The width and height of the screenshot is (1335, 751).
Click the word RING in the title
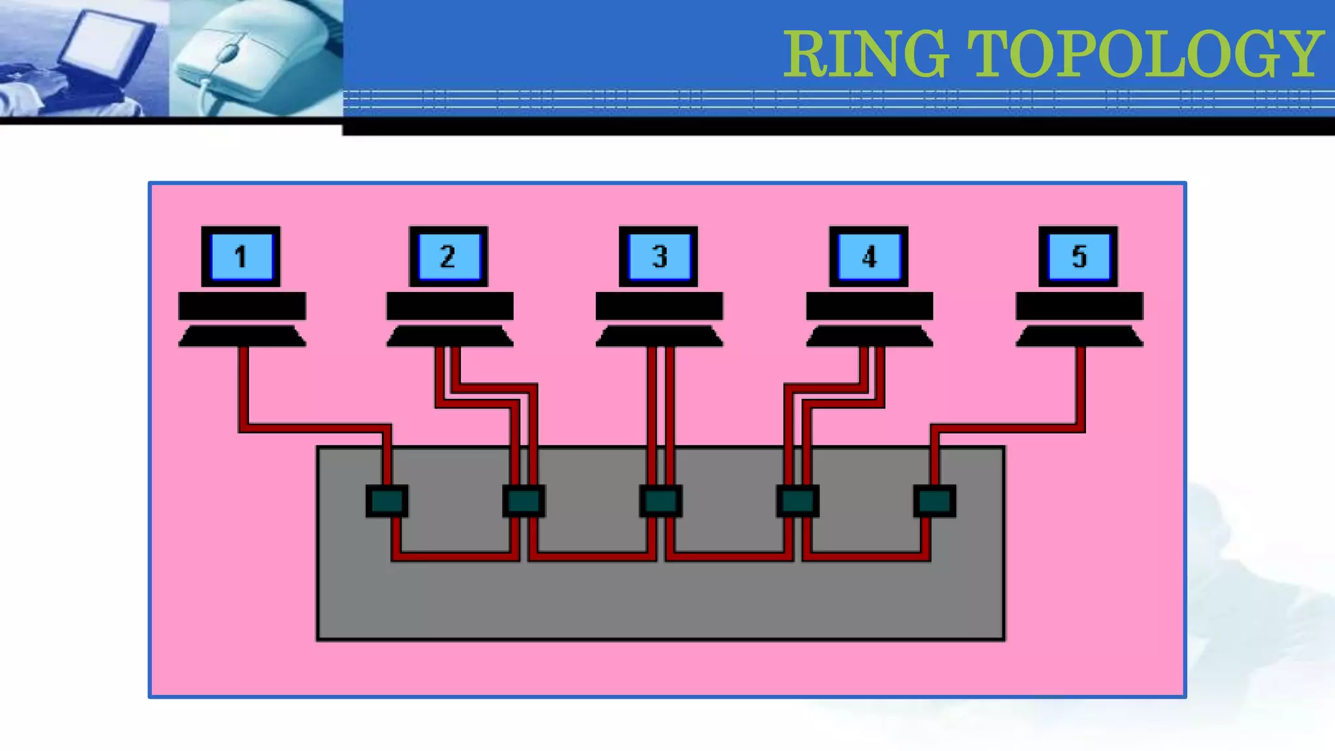point(865,53)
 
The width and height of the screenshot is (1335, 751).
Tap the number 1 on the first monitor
point(241,256)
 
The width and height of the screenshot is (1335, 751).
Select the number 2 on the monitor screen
point(448,256)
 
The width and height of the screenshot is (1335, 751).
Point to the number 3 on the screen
point(659,256)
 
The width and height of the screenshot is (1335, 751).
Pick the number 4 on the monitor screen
point(869,257)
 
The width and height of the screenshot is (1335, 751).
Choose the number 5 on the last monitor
point(1079,256)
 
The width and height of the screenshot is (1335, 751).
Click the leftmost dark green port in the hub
point(387,501)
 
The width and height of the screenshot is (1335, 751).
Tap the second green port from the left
point(524,501)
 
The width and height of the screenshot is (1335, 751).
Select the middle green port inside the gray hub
point(661,501)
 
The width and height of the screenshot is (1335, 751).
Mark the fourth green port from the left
point(798,501)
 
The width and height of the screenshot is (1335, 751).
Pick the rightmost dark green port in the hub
point(935,501)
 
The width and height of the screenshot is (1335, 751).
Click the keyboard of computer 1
point(242,336)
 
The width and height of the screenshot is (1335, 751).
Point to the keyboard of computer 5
point(1079,336)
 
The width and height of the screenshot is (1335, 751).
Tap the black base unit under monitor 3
point(659,306)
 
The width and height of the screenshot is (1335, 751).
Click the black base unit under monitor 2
point(450,306)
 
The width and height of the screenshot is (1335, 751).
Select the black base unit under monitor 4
point(870,306)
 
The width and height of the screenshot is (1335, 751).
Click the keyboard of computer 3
point(659,336)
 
